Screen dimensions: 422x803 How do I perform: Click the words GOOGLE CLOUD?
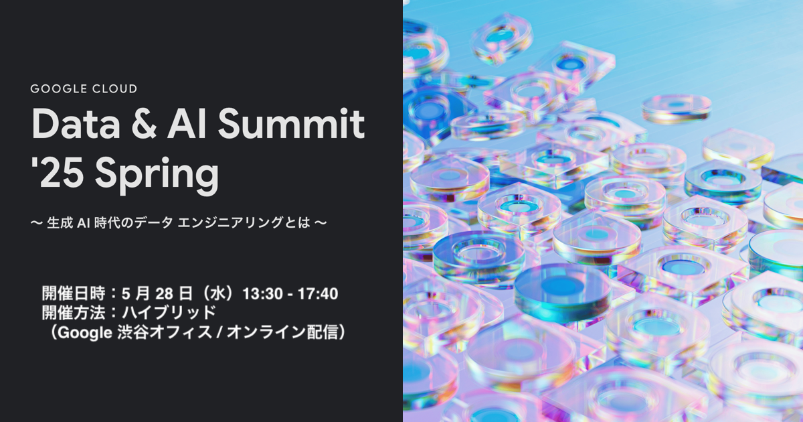pos(84,89)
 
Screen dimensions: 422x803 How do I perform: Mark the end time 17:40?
pos(317,293)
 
